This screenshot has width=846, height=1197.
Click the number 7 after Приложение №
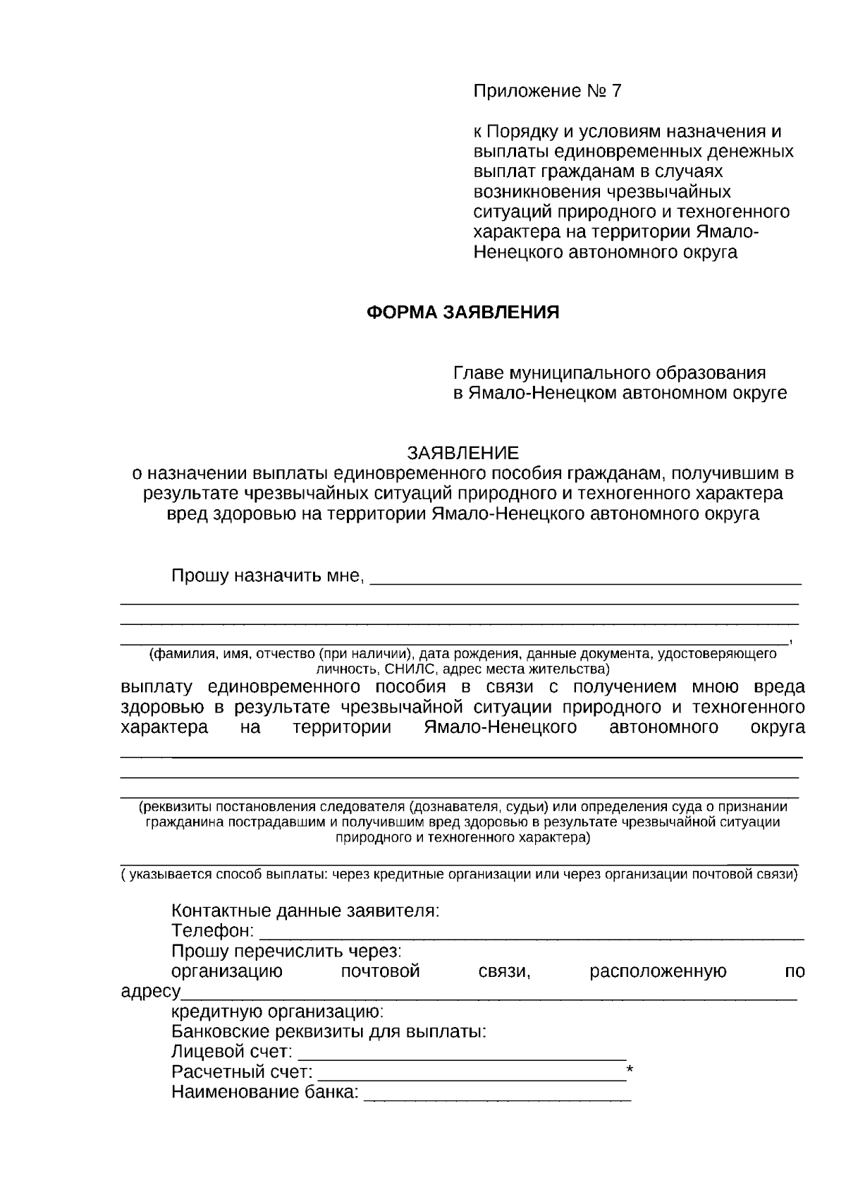pyautogui.click(x=617, y=91)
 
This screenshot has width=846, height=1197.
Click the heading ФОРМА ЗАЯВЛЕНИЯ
pyautogui.click(x=462, y=312)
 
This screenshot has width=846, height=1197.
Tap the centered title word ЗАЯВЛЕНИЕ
pyautogui.click(x=462, y=452)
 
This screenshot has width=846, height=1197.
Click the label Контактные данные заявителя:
pyautogui.click(x=305, y=910)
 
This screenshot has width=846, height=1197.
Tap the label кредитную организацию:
pyautogui.click(x=278, y=1012)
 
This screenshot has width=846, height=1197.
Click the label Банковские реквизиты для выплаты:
pyautogui.click(x=329, y=1032)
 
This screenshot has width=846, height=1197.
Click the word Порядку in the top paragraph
pyautogui.click(x=520, y=132)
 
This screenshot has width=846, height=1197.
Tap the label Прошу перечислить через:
pyautogui.click(x=286, y=951)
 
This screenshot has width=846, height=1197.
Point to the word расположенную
pyautogui.click(x=658, y=971)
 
